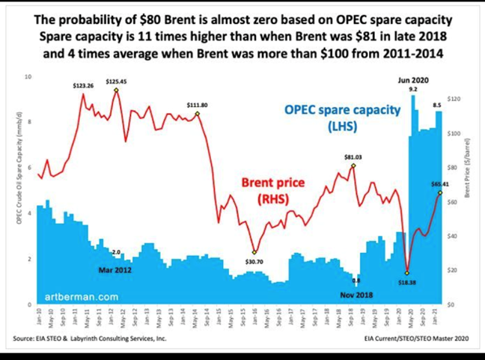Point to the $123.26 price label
(83, 86)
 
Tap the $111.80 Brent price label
(198, 105)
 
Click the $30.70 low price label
(255, 261)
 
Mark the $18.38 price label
(406, 283)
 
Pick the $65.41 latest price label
(440, 183)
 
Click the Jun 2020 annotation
(413, 79)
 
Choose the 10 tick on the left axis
(28, 76)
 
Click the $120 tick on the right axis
(452, 99)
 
